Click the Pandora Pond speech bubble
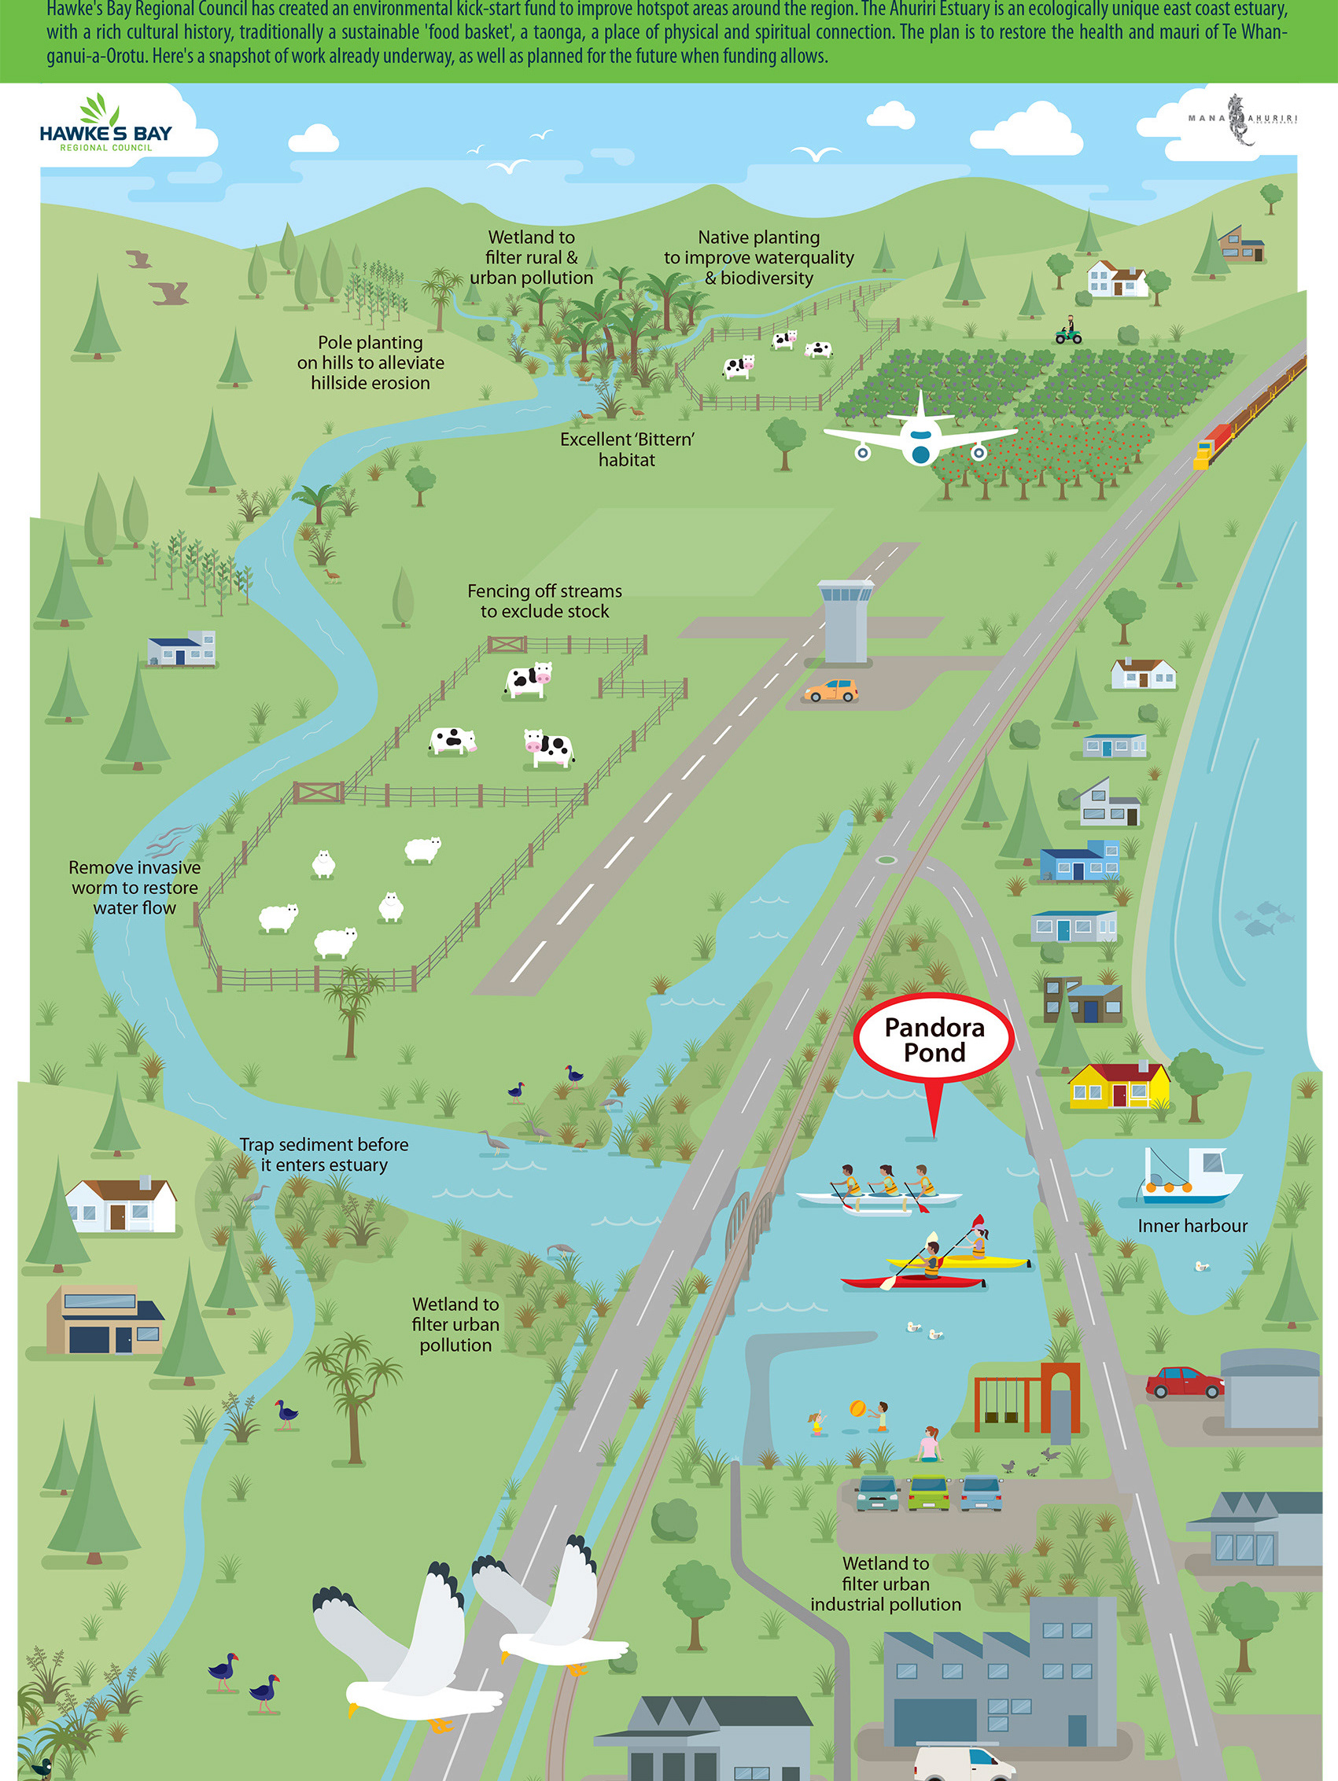[x=934, y=1040]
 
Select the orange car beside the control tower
[x=831, y=691]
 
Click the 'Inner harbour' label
[x=1192, y=1225]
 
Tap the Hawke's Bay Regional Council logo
[x=105, y=125]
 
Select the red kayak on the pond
[x=913, y=1279]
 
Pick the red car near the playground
[x=1184, y=1382]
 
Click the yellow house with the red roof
[x=1119, y=1086]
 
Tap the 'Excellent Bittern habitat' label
[x=627, y=449]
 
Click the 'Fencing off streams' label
[x=544, y=601]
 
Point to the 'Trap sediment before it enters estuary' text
[x=324, y=1154]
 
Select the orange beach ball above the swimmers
[x=858, y=1408]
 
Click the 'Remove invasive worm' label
[x=135, y=887]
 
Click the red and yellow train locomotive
[x=1213, y=443]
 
